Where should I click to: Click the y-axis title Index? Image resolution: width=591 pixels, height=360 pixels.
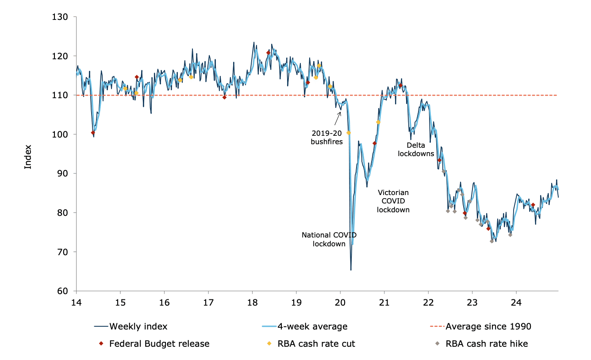point(28,157)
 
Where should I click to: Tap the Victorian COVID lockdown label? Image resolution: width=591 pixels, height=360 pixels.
point(393,201)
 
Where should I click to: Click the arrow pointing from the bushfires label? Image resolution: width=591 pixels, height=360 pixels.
point(338,119)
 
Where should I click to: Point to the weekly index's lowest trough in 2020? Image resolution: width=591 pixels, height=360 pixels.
point(351,270)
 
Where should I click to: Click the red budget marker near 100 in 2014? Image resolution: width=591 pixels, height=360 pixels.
point(93,133)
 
